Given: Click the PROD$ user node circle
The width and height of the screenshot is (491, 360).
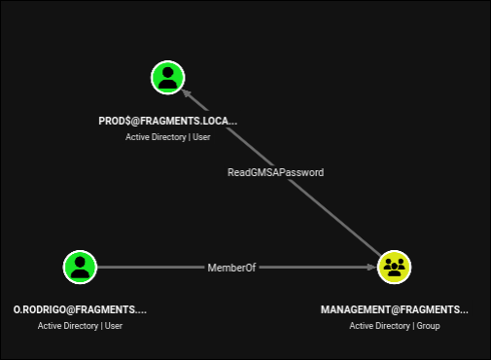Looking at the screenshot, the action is click(x=168, y=78).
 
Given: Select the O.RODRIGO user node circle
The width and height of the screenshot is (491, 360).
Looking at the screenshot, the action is click(x=80, y=267).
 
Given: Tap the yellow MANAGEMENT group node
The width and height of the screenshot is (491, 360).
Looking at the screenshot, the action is click(x=394, y=267).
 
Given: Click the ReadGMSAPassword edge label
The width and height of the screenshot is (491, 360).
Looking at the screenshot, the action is click(x=275, y=172).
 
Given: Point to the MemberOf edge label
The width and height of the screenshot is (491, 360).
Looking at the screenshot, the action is click(x=231, y=268).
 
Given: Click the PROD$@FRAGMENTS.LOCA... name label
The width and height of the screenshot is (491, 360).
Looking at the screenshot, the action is click(x=168, y=121).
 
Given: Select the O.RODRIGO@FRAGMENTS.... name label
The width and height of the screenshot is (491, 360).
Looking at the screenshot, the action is click(x=80, y=309).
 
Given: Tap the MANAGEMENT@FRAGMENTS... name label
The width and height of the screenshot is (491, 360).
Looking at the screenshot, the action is click(x=395, y=309).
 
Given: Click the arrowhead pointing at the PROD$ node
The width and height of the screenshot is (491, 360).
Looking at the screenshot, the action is click(x=186, y=92).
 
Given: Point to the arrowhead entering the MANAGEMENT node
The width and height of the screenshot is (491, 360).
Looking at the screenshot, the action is click(x=371, y=267).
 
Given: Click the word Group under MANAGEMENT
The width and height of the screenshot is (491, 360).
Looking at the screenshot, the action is click(x=428, y=326).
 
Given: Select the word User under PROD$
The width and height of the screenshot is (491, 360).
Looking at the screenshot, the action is click(x=201, y=137).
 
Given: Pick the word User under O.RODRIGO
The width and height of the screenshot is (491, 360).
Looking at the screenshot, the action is click(x=114, y=326).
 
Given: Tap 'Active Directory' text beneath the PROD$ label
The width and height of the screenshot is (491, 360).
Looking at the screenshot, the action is click(x=156, y=137).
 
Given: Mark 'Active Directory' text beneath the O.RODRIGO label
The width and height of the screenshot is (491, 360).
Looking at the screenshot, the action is click(x=68, y=326).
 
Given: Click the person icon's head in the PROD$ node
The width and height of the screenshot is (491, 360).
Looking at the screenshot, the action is click(x=168, y=72).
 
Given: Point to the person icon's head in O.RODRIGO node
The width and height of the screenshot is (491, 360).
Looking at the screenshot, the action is click(x=80, y=262).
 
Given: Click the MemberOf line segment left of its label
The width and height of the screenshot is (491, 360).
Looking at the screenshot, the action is click(x=151, y=267).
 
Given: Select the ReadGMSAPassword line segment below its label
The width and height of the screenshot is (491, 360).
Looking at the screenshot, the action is click(x=334, y=217).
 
